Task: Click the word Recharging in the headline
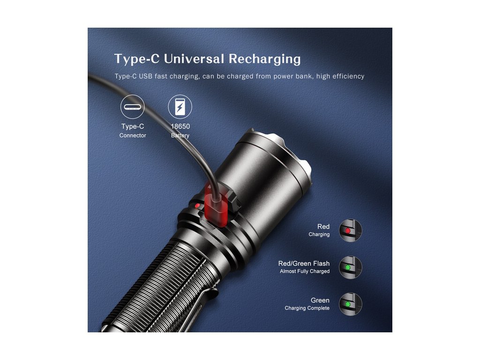coord(264,60)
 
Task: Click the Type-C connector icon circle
coord(133,107)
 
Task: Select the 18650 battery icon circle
coord(180,107)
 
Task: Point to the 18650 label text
coord(180,126)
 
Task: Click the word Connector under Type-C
coord(133,135)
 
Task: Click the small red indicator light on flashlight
coord(197,206)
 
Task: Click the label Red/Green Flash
coord(304,263)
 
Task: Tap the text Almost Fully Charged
coord(305,271)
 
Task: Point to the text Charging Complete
coord(307,308)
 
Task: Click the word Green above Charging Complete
coord(320,300)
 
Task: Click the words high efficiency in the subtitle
coord(340,76)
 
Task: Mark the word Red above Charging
coord(323,227)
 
